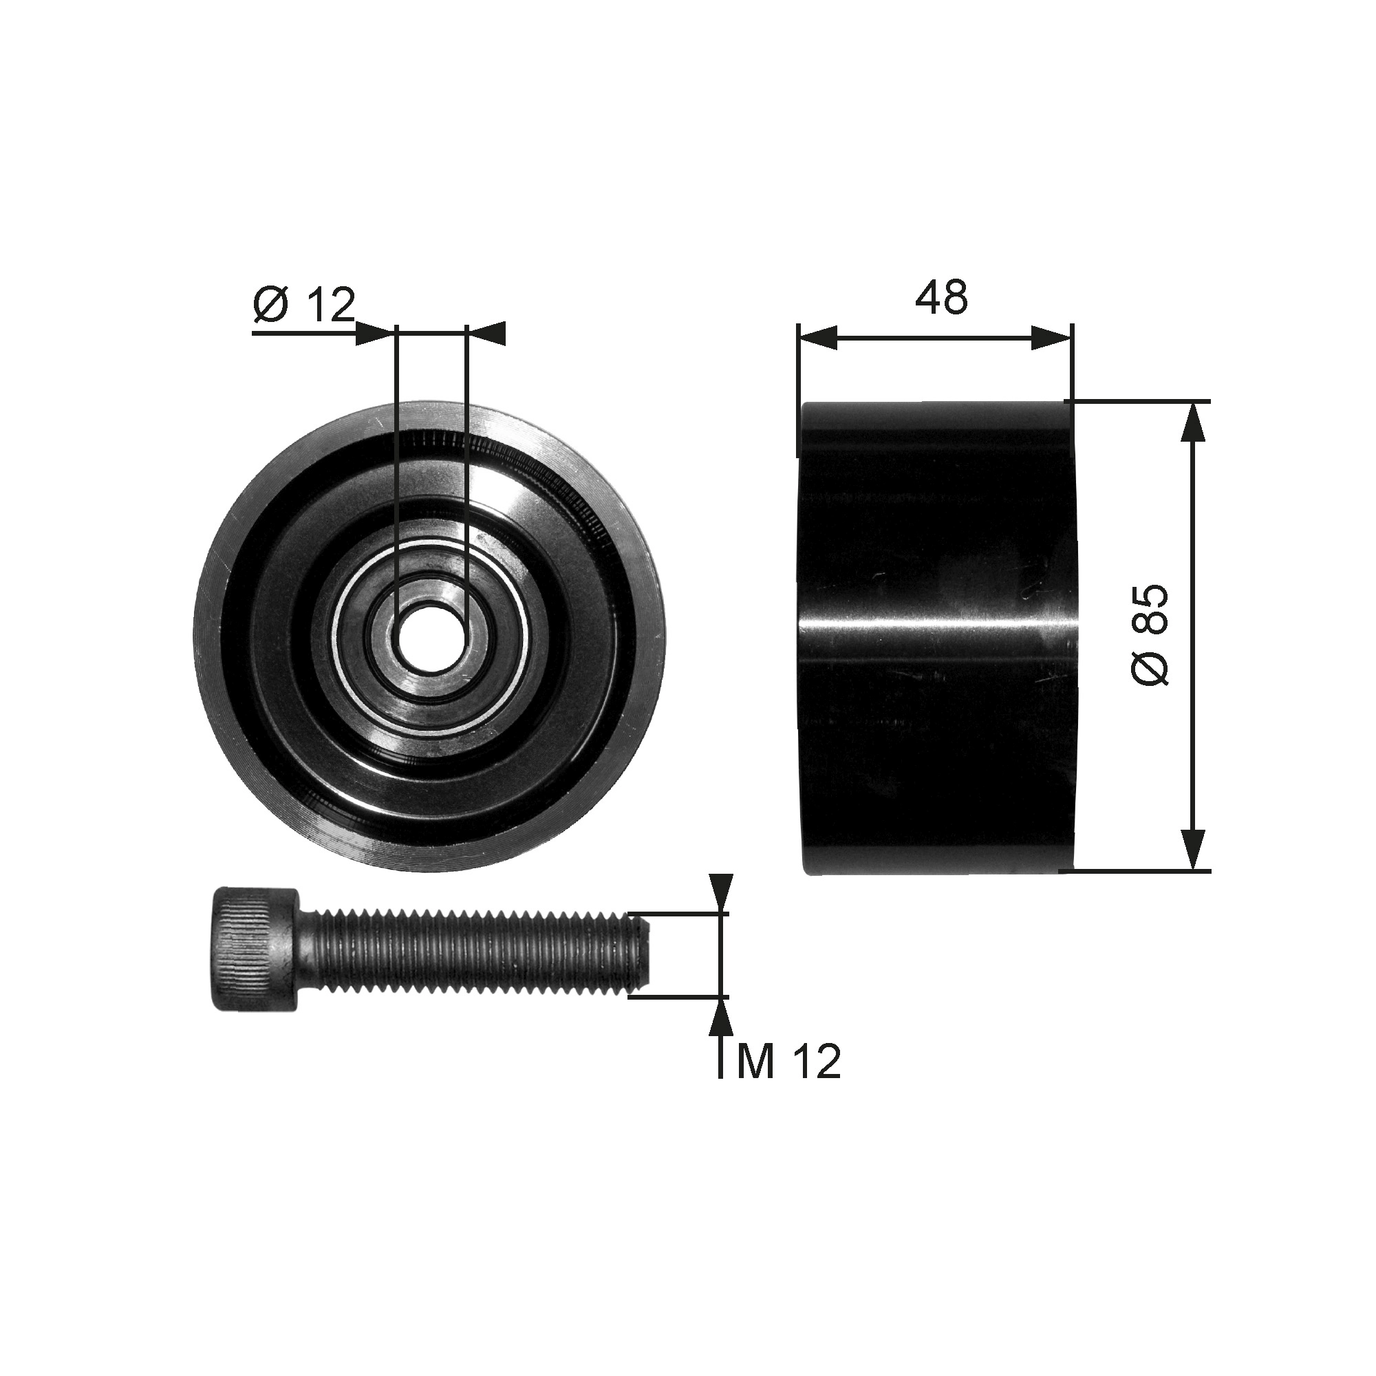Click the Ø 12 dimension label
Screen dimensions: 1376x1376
(x=303, y=305)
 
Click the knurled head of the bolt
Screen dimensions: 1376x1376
(x=254, y=948)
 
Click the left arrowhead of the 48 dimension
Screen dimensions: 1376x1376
(x=817, y=339)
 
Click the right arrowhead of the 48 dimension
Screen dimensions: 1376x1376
(x=1051, y=339)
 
